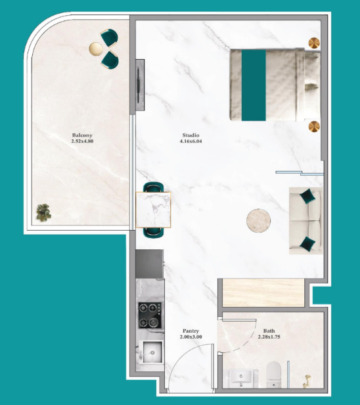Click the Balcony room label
coord(82,135)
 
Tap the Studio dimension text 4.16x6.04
coord(191,141)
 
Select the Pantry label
coord(191,331)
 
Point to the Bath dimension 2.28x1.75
coord(269,337)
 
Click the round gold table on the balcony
coord(96,49)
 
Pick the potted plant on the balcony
coord(43,212)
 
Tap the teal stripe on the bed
coord(254,85)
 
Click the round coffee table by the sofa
coord(259,221)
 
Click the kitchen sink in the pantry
coord(151,352)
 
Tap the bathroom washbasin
coord(241,378)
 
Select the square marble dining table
coord(153,210)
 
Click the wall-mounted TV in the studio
coord(140,85)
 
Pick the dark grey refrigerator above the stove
coord(150,264)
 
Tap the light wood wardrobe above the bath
coord(263,293)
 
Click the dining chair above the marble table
coord(153,187)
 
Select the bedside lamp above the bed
coord(314,43)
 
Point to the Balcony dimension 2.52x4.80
coord(82,141)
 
